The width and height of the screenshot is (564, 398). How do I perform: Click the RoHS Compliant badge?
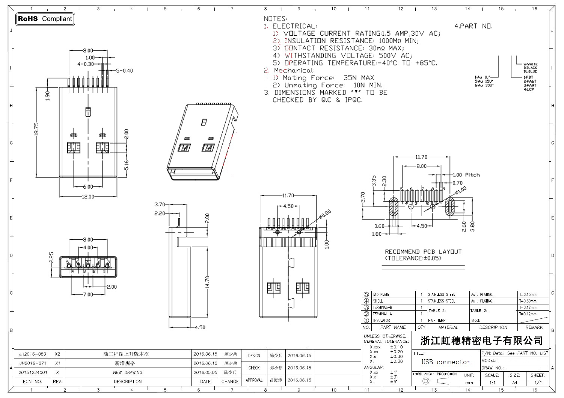coord(45,19)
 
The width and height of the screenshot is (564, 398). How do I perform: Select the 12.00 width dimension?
coord(88,197)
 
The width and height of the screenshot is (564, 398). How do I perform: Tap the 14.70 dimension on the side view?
coord(208,282)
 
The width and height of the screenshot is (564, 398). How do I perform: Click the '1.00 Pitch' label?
coord(466,175)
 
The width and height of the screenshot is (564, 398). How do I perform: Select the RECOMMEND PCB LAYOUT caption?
coord(423,252)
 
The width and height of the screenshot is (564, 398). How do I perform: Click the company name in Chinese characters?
coord(481,340)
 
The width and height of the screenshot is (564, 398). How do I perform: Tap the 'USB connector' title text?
coord(446,362)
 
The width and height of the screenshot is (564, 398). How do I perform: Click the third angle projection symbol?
coord(434,381)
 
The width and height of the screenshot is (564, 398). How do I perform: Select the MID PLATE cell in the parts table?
coord(381,295)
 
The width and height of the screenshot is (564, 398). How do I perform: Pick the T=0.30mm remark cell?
coord(528,301)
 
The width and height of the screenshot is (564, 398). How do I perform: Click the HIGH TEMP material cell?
coord(437,321)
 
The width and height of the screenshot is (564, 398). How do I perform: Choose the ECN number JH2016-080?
coord(33,354)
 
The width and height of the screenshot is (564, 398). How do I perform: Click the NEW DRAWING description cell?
coord(128,372)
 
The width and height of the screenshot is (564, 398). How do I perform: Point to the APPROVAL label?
coord(254,380)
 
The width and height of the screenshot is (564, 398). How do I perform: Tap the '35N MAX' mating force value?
coord(359,78)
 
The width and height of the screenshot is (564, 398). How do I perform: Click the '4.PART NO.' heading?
coord(473,26)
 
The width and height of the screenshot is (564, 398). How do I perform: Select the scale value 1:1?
coord(492,383)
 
